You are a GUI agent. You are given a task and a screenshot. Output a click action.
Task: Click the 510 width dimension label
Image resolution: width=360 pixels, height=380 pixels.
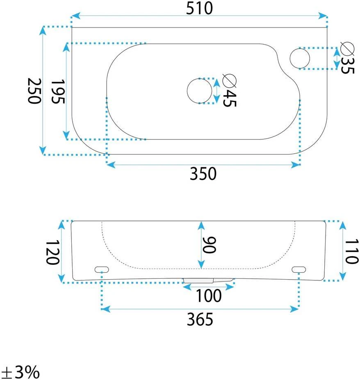point(200,8)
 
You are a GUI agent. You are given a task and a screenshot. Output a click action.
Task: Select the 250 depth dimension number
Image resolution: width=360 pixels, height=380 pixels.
point(34,91)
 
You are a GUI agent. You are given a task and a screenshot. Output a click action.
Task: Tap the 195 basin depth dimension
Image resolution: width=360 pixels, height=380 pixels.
point(58,91)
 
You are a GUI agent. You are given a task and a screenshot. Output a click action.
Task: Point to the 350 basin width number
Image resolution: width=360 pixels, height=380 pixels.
point(203,173)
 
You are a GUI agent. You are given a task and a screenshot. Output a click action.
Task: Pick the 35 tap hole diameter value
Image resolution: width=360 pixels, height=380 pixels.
point(347,66)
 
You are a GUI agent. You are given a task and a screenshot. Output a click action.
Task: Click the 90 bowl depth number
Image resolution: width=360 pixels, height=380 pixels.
point(209,245)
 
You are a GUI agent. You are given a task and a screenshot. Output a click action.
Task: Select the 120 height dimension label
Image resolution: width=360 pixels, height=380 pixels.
point(52,252)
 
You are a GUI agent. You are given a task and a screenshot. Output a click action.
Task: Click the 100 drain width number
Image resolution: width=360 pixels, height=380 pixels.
point(208,296)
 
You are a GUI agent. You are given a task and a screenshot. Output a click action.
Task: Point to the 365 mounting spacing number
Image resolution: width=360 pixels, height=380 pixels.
point(200,319)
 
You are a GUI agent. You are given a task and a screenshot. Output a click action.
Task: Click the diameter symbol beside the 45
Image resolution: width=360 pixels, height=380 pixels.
point(229,81)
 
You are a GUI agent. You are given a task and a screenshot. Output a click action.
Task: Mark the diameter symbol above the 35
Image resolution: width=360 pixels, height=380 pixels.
point(347,49)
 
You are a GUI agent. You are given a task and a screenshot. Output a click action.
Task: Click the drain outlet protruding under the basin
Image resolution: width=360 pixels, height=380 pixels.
point(208,281)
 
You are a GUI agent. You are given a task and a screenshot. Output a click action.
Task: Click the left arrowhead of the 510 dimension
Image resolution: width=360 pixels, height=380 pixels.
point(75,16)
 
